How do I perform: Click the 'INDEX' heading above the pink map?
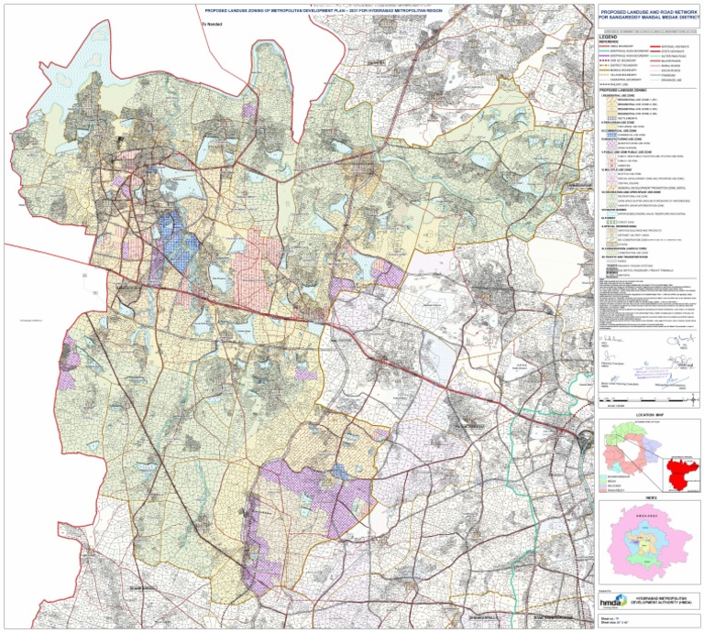tap(650, 499)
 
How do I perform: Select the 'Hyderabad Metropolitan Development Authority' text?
tap(665, 599)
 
